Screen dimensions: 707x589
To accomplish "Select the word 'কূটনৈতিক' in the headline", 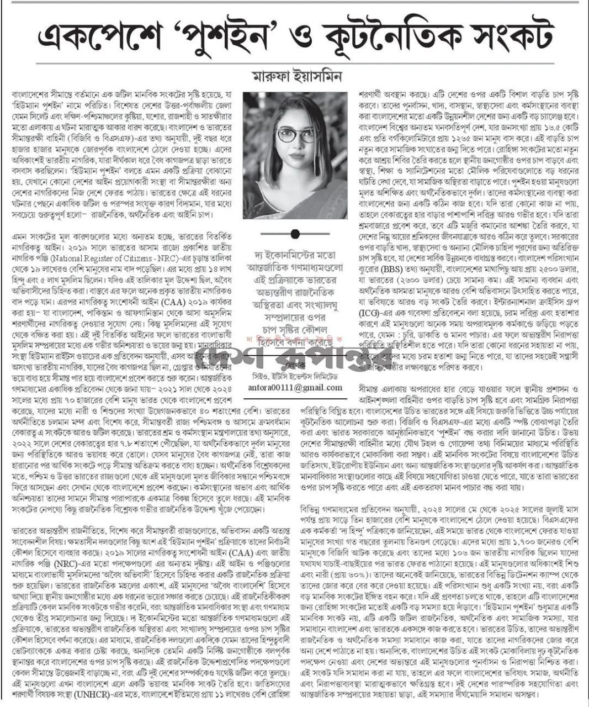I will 386,38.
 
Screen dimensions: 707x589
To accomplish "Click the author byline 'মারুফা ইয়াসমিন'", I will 295,76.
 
